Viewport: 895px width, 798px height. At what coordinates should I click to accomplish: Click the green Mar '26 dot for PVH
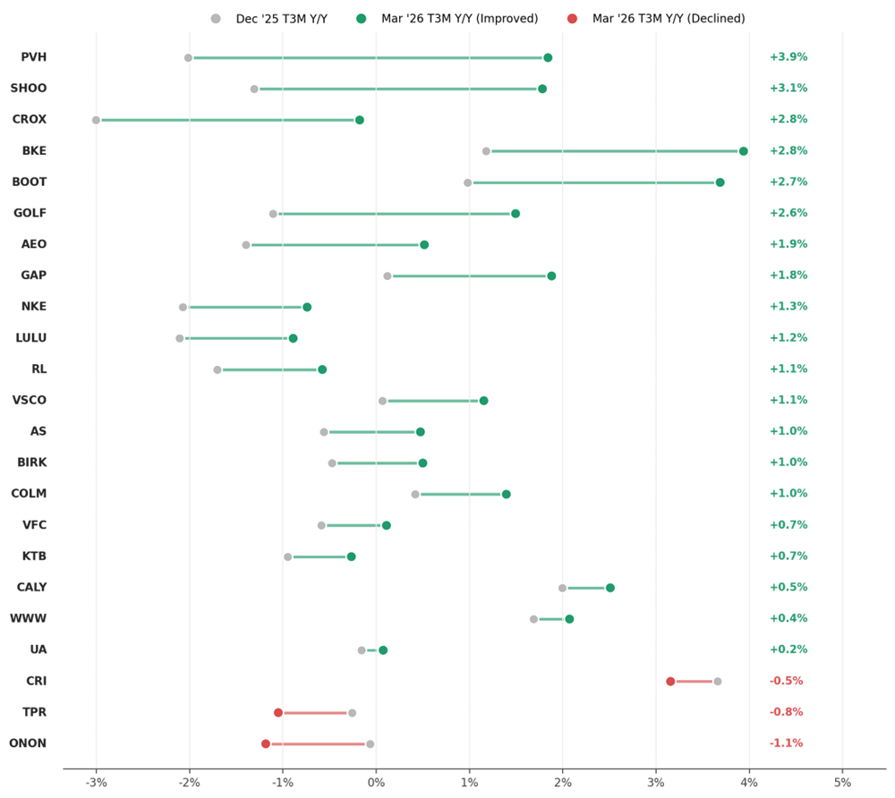548,57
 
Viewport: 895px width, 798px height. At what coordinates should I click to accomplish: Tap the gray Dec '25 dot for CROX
96,121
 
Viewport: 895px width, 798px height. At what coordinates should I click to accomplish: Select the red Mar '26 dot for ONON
266,743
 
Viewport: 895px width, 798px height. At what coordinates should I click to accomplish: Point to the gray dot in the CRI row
718,682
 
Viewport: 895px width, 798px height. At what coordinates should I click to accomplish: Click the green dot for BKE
743,151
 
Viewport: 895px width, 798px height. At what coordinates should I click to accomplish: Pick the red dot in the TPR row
278,713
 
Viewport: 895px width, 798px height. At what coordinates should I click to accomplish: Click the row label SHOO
29,89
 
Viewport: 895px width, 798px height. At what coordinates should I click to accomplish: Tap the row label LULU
30,337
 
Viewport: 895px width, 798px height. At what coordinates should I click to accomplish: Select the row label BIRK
32,463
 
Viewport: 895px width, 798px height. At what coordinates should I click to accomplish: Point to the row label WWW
28,619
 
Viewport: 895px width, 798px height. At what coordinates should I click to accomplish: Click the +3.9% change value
788,57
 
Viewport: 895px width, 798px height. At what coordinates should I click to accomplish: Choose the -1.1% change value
786,743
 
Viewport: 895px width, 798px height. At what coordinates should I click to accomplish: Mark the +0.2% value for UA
788,649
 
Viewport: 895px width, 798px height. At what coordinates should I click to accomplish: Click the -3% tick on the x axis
96,783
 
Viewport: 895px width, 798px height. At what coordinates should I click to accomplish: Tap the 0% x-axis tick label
376,783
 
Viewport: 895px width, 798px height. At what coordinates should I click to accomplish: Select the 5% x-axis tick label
842,783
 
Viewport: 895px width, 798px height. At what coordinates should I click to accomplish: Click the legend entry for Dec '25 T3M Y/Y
268,19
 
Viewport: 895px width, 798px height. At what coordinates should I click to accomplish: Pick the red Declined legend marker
572,19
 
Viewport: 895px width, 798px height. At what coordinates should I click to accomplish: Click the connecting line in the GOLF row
394,214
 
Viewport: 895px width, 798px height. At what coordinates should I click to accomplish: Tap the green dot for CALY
610,588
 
